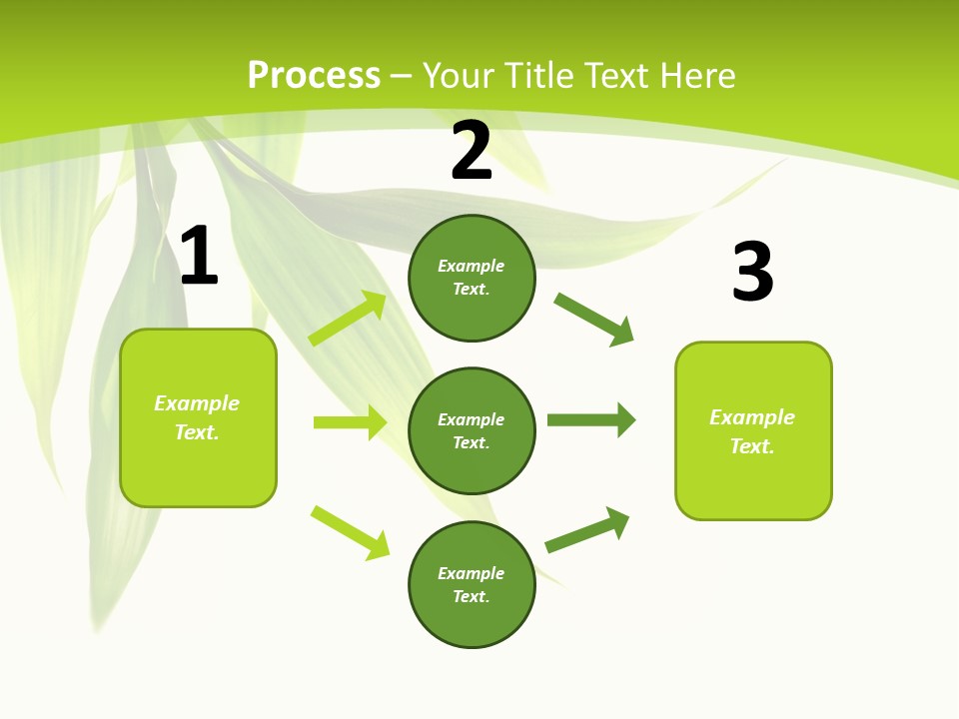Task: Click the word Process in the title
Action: tap(314, 76)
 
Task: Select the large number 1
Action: tap(199, 257)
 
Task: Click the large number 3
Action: tap(752, 273)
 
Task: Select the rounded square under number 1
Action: tap(198, 417)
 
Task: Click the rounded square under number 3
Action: tap(753, 430)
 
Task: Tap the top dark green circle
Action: tap(472, 278)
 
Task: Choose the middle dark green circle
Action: tap(472, 430)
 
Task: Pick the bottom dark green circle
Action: tap(472, 584)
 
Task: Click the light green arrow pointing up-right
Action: tap(348, 319)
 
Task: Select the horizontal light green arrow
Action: tap(350, 422)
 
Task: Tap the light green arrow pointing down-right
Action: tap(351, 532)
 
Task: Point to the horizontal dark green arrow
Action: tap(591, 419)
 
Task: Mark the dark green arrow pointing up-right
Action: tap(587, 529)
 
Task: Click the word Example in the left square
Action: tap(197, 403)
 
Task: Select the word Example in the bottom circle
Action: tap(472, 573)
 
